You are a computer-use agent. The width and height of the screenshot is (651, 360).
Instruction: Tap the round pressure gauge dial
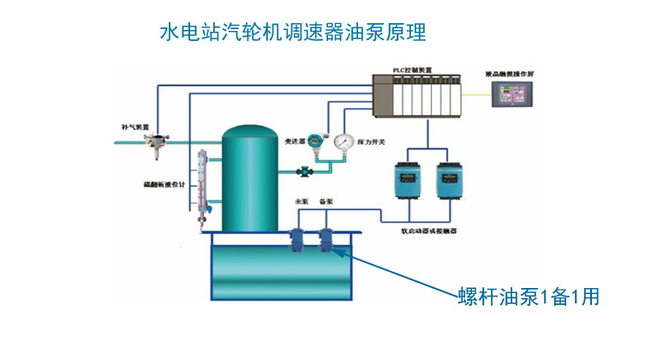click(345, 141)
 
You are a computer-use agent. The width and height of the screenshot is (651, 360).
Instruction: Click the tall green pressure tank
click(248, 180)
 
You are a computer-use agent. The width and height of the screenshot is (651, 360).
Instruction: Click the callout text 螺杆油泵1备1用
click(528, 297)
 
